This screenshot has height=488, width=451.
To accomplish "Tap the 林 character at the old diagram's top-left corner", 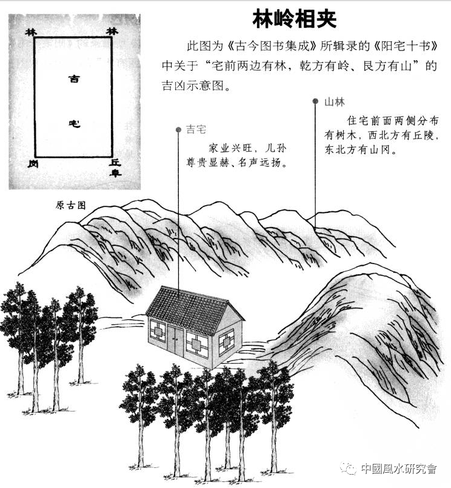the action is click(30, 31).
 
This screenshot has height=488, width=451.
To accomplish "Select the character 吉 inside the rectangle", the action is click(73, 79).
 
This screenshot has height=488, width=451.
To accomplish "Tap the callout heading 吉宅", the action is click(196, 130).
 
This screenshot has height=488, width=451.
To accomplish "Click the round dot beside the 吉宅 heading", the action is click(178, 129).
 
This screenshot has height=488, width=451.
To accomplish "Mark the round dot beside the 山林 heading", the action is click(315, 101).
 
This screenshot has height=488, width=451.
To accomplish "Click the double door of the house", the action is click(175, 339).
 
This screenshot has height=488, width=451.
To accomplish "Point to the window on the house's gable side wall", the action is click(226, 342).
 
